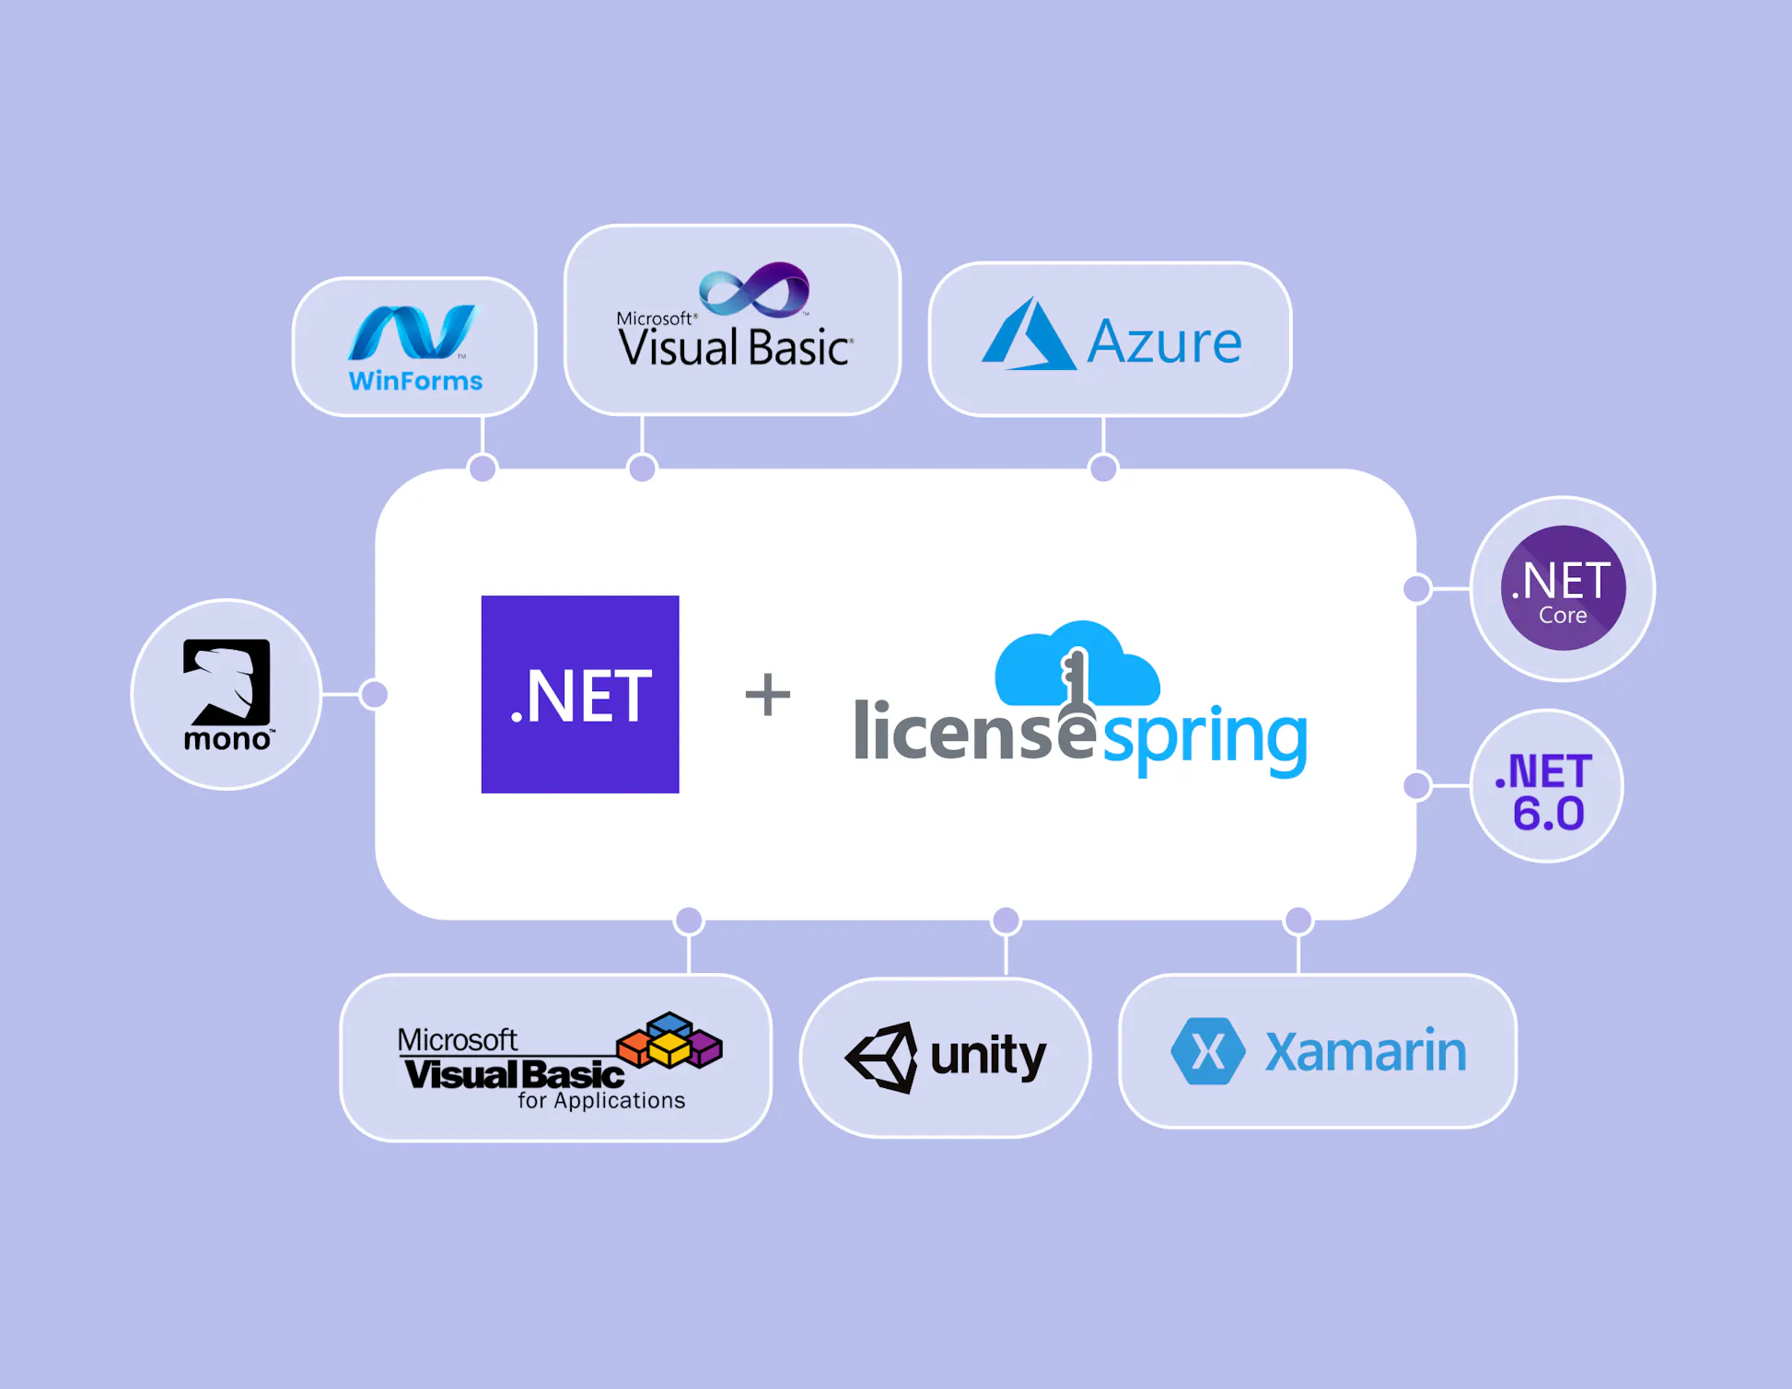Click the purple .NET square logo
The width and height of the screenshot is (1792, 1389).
580,694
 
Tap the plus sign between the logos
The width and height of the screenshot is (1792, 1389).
767,694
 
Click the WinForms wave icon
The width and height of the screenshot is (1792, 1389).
413,332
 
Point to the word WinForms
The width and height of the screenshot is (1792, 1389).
415,381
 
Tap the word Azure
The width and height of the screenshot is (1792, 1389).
1164,342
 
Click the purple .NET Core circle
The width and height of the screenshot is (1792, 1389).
1563,588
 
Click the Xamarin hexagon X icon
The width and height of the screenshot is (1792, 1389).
1207,1051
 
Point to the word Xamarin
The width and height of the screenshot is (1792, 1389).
1366,1051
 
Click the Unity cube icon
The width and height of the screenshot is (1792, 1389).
882,1057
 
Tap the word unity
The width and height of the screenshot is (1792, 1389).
988,1055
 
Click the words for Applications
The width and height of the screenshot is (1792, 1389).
601,1101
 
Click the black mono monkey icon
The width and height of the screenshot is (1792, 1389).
227,681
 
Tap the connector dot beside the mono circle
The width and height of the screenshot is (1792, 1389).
374,694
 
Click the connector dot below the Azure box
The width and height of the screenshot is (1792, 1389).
1103,469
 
